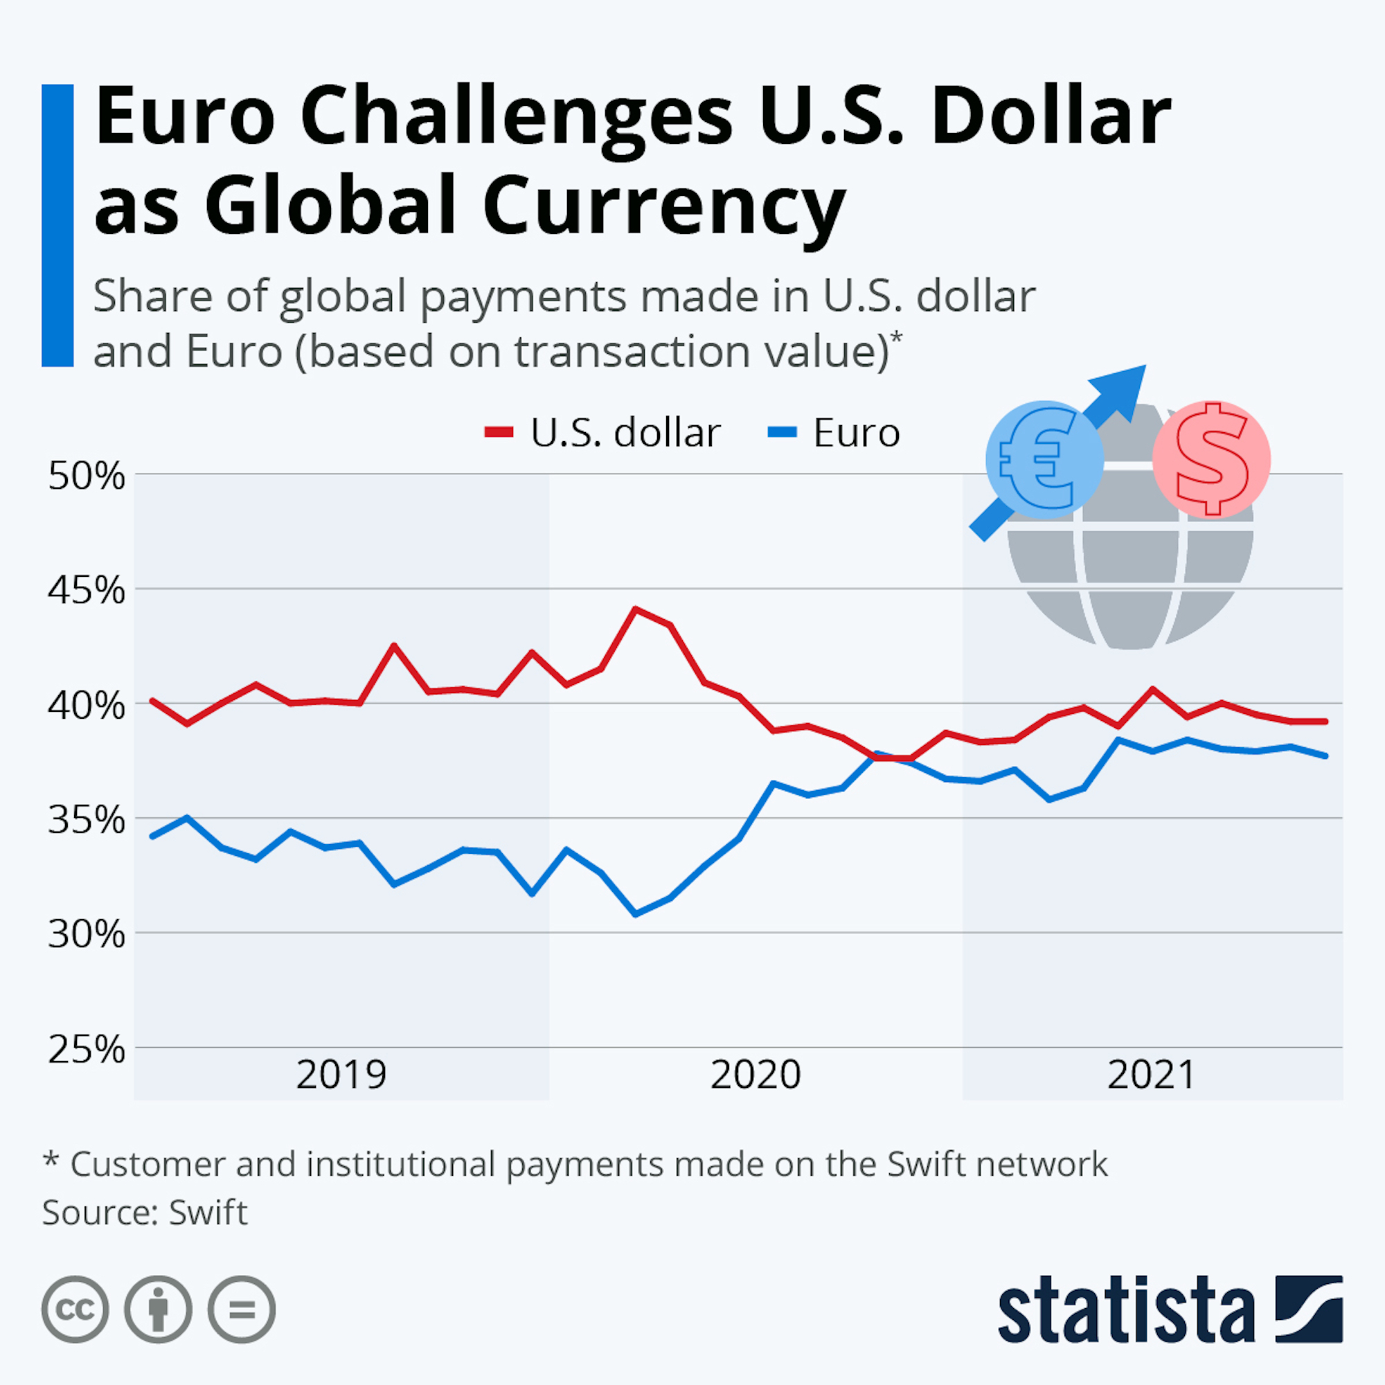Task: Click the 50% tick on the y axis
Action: coord(86,476)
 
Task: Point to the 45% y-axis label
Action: coord(86,591)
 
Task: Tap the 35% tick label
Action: coord(86,820)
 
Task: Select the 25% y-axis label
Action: coord(86,1050)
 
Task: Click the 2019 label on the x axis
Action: coord(341,1075)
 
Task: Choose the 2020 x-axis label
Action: coord(756,1075)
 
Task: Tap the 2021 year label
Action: coord(1152,1075)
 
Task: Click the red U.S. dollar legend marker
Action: coord(499,432)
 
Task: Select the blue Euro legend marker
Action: coord(782,432)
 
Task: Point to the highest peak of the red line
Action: coord(635,609)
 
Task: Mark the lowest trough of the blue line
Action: coord(635,914)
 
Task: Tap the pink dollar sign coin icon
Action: coord(1211,460)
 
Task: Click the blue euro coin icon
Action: coord(1044,460)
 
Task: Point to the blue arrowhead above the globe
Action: coord(1124,387)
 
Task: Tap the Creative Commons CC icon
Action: coord(75,1310)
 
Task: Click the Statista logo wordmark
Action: coord(1126,1310)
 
